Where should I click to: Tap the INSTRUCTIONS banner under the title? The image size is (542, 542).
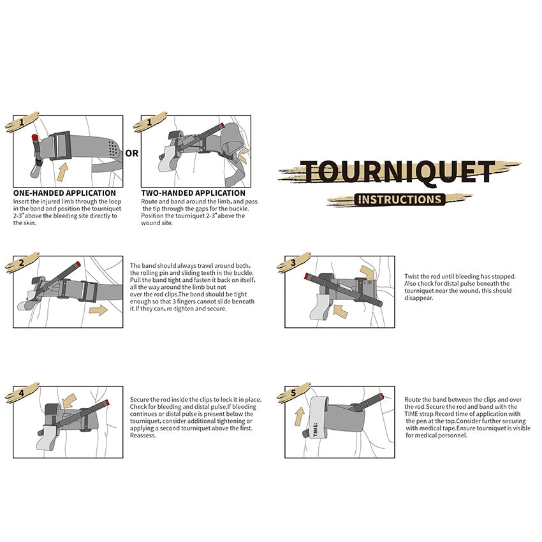(400, 199)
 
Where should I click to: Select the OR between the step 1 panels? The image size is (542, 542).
(132, 153)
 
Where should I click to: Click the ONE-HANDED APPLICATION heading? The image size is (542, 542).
(64, 193)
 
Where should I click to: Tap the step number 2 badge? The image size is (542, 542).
(22, 263)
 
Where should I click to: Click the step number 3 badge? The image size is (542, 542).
(293, 262)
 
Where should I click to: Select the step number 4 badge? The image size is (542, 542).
(22, 393)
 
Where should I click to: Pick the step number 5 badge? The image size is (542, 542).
(293, 393)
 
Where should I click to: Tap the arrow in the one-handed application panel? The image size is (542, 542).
(62, 170)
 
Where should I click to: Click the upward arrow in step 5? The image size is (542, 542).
(298, 418)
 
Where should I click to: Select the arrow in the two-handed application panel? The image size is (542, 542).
(242, 155)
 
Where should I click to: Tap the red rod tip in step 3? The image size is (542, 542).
(308, 275)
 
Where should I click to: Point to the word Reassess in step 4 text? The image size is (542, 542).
(143, 436)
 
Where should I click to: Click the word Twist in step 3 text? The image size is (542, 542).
(412, 277)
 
